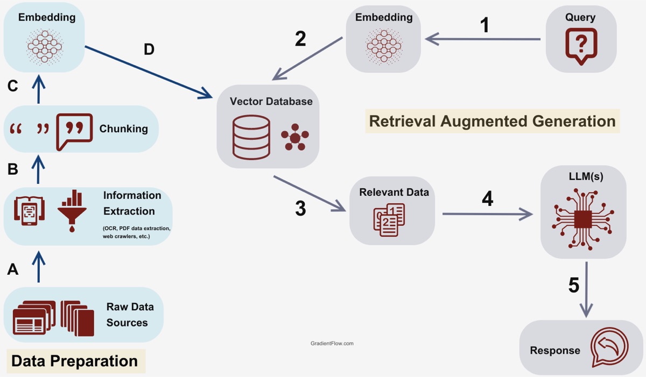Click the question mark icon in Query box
[581, 45]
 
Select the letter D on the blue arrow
[149, 49]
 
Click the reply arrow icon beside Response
[609, 347]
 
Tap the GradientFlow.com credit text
[332, 343]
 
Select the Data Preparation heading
[74, 360]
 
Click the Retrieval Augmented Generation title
[492, 121]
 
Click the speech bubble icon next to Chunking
[74, 129]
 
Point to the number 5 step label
[574, 286]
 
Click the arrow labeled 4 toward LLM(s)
[487, 215]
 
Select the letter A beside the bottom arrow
[13, 269]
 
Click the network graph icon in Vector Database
[295, 138]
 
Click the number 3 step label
[300, 209]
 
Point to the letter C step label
[13, 86]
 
